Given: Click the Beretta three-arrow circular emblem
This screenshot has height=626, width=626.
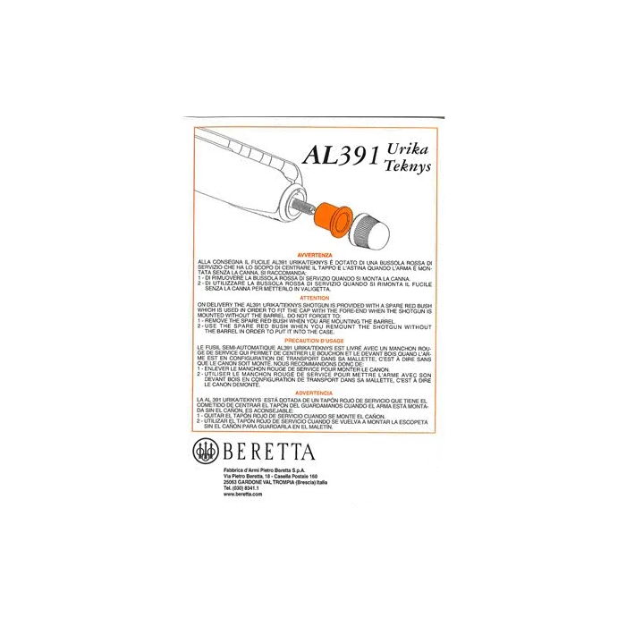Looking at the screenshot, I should click(205, 451).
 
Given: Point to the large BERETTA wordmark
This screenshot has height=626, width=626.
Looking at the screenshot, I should click(265, 451).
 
